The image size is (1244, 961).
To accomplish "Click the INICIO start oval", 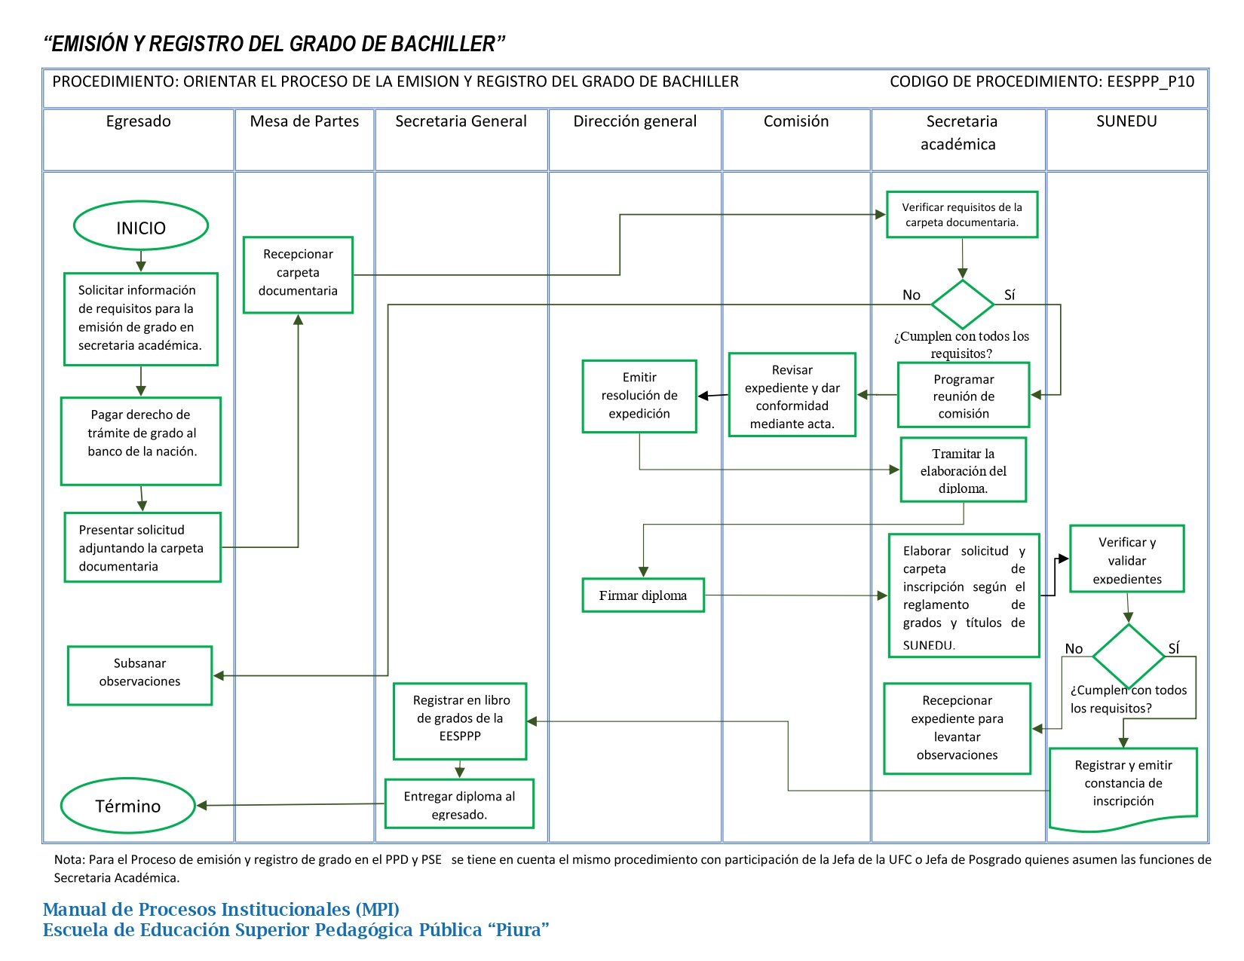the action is coord(141,225).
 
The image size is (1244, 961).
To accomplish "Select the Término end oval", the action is coord(128,805).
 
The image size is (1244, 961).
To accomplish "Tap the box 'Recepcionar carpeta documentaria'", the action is coord(298,275).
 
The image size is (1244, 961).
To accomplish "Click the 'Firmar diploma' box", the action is coord(643,595).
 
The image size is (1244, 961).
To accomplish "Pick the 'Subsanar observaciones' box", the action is coord(139,675).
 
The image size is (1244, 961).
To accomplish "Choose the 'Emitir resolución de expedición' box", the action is coord(639,396).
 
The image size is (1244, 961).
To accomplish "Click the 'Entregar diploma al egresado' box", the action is coord(459,803).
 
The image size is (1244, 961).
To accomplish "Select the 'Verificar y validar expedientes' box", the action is coord(1126,559).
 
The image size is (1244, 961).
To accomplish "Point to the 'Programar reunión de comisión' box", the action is coord(964,395).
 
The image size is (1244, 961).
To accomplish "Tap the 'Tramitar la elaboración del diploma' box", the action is coord(963,470).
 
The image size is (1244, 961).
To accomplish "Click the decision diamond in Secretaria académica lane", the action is coord(962,304).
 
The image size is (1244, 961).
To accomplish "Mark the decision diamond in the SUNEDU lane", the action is coord(1129,656).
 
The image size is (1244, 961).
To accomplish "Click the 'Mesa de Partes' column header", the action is coord(304,121).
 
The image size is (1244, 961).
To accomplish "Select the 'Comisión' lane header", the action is coord(795,121).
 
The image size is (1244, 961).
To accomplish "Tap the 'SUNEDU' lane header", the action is coord(1126,121).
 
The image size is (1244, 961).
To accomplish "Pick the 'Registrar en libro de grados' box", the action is coord(460,721).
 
